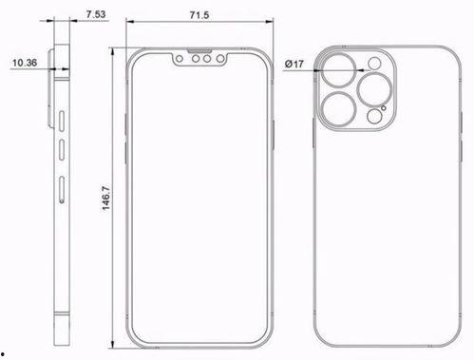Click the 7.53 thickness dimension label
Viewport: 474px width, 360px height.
click(x=96, y=14)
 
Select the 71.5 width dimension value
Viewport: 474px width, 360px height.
click(x=199, y=15)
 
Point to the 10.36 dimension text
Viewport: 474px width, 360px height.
click(x=25, y=63)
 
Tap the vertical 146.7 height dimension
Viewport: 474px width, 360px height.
click(x=106, y=199)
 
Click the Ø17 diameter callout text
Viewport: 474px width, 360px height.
click(x=294, y=64)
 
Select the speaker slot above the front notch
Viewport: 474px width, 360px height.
click(x=199, y=50)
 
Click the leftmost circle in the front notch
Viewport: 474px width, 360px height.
click(x=180, y=59)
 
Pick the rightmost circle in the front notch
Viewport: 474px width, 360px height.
click(x=220, y=59)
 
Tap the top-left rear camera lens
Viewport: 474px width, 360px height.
click(x=338, y=70)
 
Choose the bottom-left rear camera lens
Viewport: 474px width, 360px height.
click(x=338, y=109)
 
